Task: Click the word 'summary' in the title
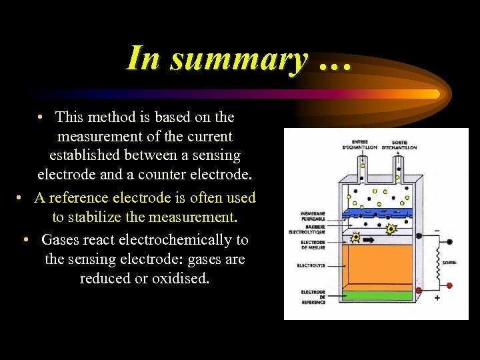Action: point(239,58)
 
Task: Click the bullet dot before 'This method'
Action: point(41,117)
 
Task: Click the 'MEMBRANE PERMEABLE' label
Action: point(313,217)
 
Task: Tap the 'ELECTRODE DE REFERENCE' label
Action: point(313,297)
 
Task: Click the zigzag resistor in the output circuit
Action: point(439,262)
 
